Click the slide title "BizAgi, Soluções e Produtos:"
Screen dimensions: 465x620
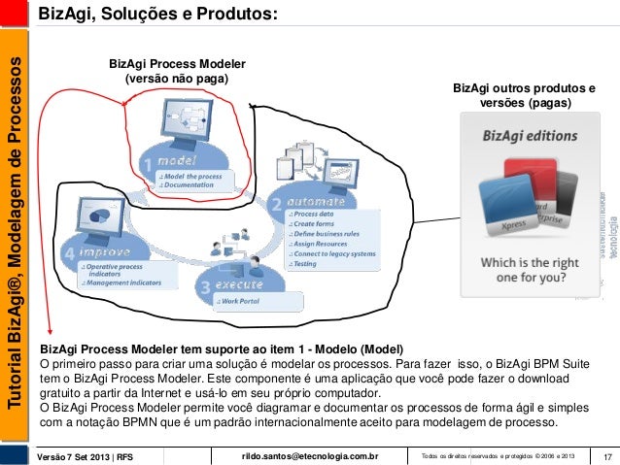click(x=158, y=15)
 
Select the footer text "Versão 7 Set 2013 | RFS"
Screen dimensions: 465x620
click(x=85, y=456)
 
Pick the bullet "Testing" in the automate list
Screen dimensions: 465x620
click(x=306, y=263)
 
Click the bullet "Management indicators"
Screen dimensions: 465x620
click(x=121, y=282)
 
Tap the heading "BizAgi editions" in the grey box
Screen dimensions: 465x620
click(x=530, y=136)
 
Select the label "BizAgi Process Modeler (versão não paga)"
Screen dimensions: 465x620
click(x=177, y=71)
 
